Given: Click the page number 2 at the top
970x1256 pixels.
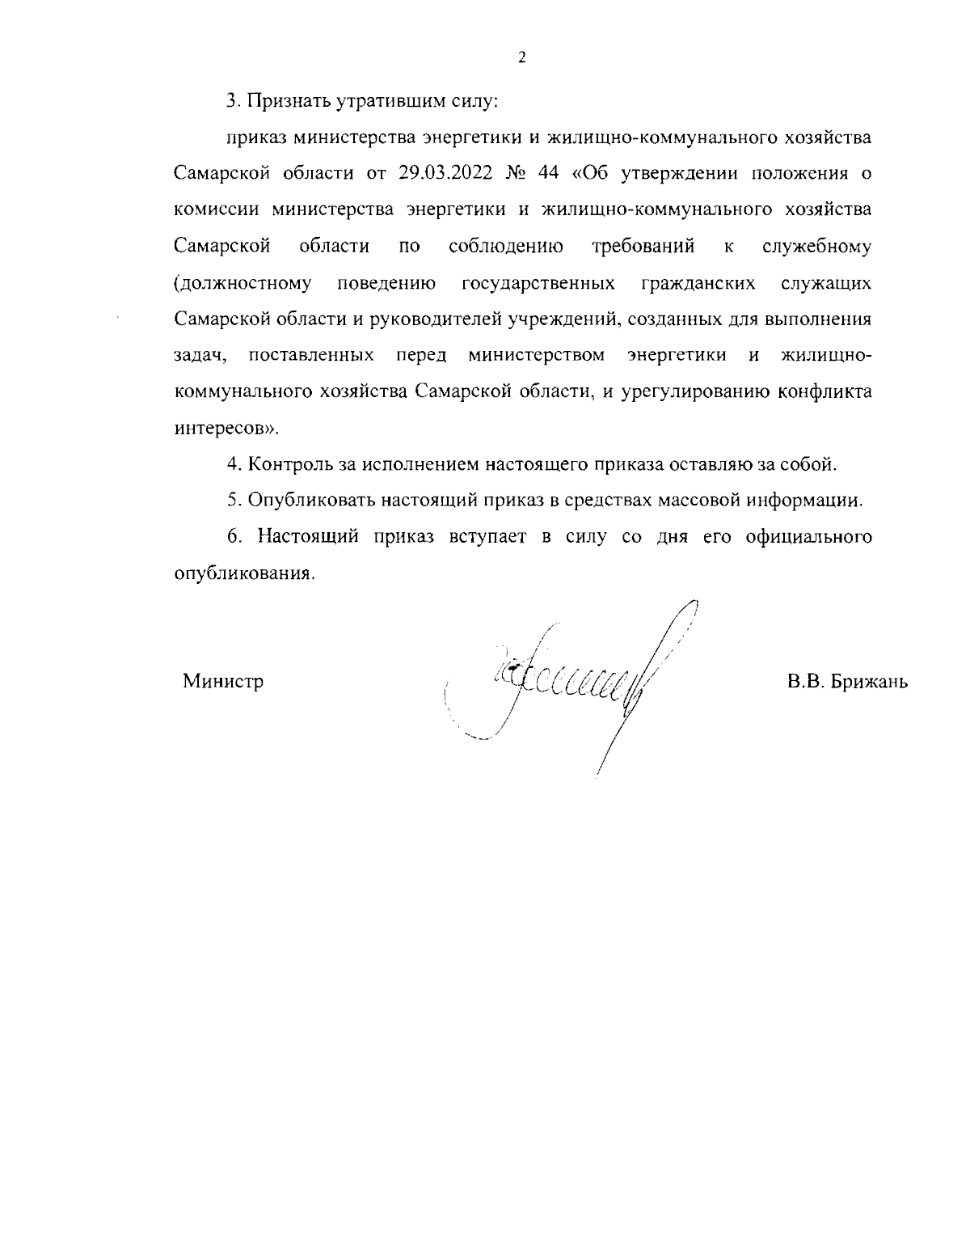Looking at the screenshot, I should (x=521, y=57).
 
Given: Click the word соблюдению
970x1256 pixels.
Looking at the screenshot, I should (x=506, y=246).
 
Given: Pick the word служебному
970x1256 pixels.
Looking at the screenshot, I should (x=816, y=246).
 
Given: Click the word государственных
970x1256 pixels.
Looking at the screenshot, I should (x=538, y=283).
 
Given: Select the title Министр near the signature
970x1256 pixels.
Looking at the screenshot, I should (x=223, y=681).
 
